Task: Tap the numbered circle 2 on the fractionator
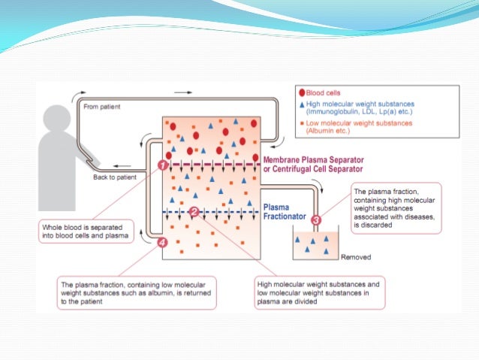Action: [194, 213]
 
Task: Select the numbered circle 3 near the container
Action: [315, 220]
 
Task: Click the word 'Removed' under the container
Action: [356, 257]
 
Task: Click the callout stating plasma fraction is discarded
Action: [395, 207]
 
